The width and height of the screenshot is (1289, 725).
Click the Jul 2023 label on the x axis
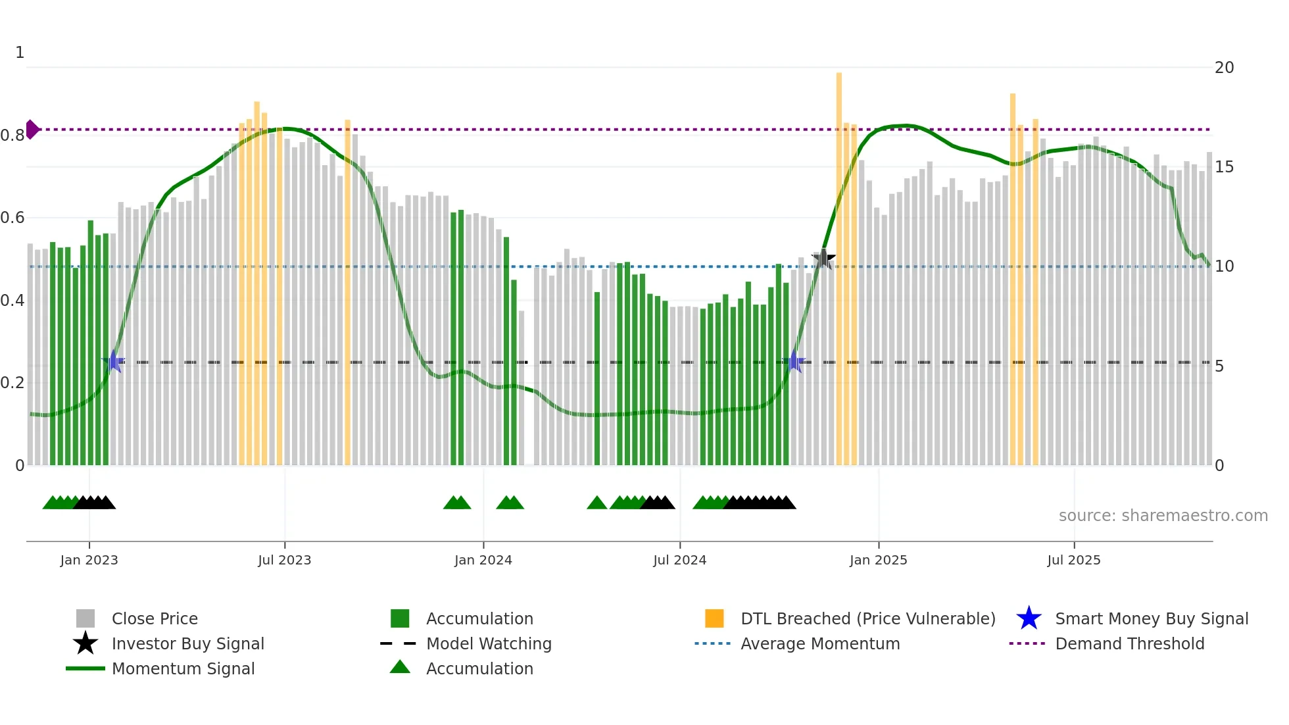tap(284, 560)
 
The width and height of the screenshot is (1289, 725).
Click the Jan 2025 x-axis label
tap(878, 560)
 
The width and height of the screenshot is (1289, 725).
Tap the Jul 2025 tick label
tap(1073, 560)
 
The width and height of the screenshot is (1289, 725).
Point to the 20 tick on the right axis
tap(1224, 68)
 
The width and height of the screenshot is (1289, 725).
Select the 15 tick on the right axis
tap(1224, 167)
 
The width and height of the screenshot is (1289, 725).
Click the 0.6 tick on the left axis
tap(12, 218)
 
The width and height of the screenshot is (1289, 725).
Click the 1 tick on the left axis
tap(20, 53)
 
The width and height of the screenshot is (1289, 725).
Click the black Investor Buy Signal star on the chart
tap(823, 259)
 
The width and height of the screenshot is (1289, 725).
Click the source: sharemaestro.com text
tap(1163, 516)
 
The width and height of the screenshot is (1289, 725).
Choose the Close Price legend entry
tap(155, 619)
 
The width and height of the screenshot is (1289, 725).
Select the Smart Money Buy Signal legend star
tap(1029, 618)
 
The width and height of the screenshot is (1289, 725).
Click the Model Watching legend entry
tap(489, 644)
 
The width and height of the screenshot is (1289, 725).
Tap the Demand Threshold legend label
tap(1129, 644)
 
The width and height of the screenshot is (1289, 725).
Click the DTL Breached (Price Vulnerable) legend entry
tap(867, 619)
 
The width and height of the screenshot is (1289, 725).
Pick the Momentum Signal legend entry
tap(183, 669)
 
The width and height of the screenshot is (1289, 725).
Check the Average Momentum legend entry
tap(819, 644)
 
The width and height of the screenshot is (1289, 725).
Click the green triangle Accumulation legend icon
tap(400, 668)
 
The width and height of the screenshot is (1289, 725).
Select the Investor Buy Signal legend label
tap(187, 644)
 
